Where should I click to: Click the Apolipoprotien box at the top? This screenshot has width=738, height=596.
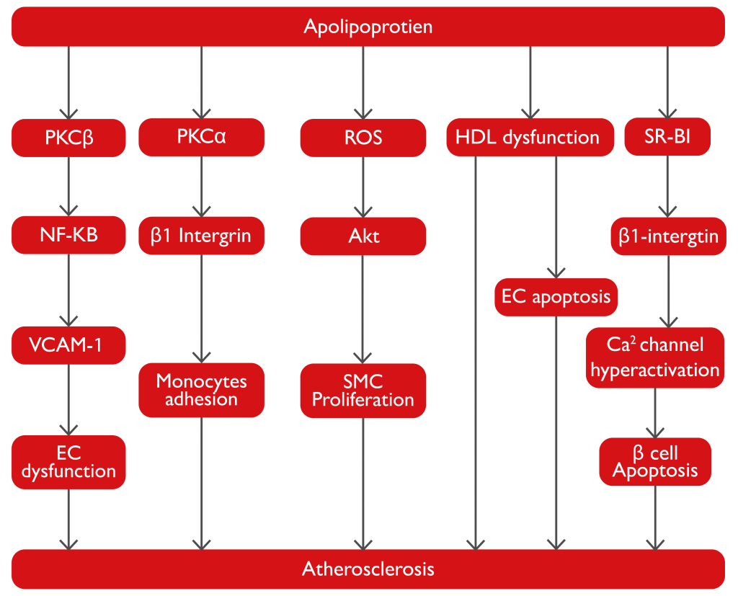pos(368,27)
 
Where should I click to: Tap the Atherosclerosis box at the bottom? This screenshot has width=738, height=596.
pos(368,569)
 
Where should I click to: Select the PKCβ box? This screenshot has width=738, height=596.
pos(69,137)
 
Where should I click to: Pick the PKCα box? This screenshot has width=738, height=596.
pos(201,137)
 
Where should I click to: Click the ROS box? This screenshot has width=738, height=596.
pos(363,137)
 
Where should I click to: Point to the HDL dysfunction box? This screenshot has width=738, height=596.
pos(530,137)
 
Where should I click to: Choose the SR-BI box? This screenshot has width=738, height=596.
pos(667,136)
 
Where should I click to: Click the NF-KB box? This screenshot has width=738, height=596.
pos(69,236)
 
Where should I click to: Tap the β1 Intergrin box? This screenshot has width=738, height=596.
pos(201,236)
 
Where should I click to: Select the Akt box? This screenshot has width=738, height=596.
pos(363,236)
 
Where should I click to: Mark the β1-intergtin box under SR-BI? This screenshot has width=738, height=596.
pos(668,236)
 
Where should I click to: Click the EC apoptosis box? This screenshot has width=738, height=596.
pos(556,296)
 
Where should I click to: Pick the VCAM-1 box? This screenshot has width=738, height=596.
pos(69,345)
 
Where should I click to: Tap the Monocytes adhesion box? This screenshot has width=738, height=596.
pos(201,390)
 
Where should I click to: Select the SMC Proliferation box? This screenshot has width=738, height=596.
pos(363,390)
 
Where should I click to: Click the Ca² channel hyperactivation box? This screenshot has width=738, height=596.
pos(654,357)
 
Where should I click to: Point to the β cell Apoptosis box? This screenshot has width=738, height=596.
pos(655,462)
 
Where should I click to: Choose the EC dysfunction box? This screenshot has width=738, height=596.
pos(69,462)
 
